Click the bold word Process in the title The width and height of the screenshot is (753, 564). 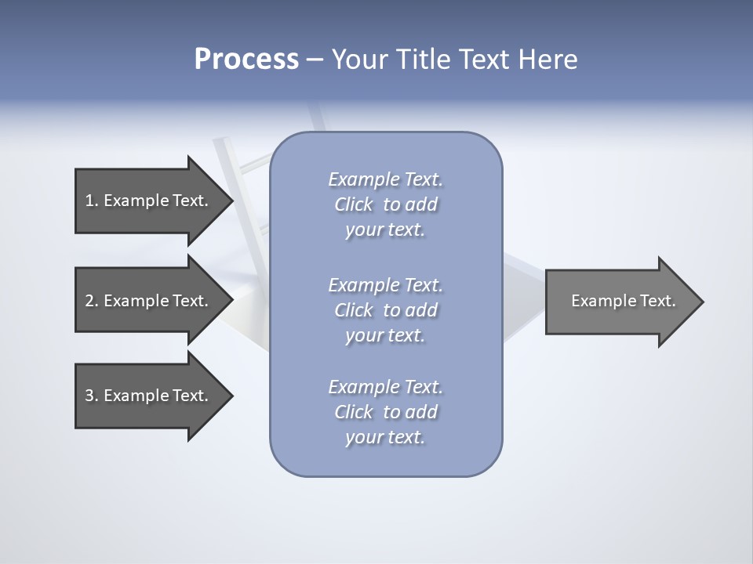point(246,60)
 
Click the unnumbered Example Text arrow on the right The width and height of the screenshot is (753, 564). point(620,302)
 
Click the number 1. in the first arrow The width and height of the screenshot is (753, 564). point(91,201)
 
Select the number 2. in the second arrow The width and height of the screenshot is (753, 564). point(91,301)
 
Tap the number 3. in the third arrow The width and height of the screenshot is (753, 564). point(91,396)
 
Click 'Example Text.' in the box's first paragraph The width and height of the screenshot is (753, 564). point(385,179)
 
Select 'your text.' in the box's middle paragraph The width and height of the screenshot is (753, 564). point(385,335)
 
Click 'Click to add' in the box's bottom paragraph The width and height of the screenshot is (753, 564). point(385,412)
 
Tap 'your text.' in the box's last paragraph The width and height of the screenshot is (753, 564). point(385,437)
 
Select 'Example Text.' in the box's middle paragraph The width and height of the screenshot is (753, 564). point(385,285)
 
